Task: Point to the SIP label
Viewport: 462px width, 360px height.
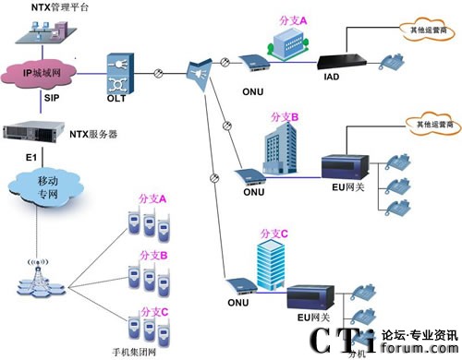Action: [x=52, y=96]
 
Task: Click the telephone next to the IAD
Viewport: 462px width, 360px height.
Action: [x=393, y=61]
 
